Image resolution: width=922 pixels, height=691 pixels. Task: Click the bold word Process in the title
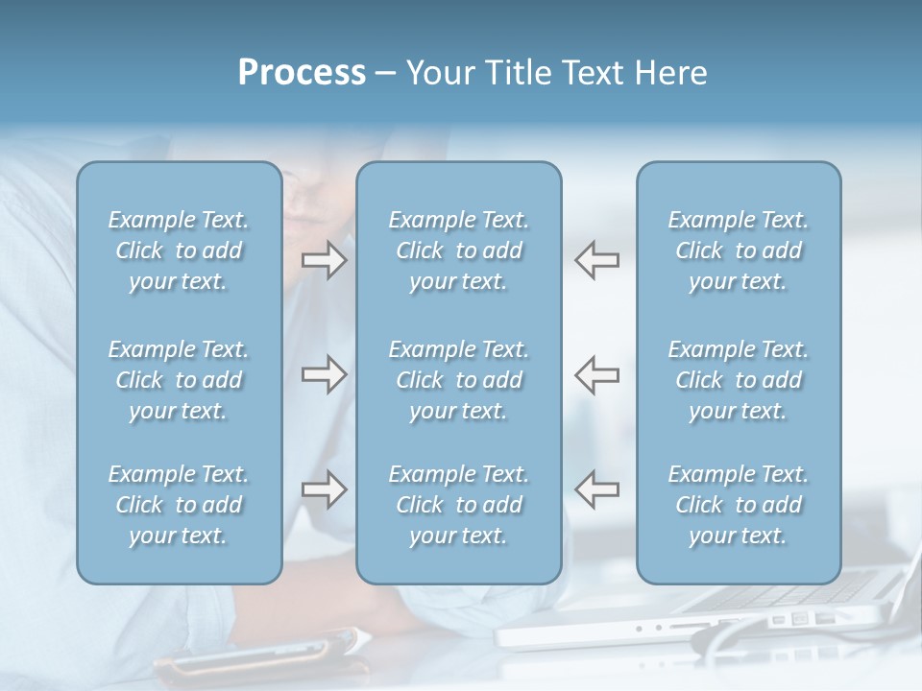(302, 74)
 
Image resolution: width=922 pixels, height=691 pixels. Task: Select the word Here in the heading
(669, 74)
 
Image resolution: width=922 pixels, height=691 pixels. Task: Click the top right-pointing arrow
(324, 260)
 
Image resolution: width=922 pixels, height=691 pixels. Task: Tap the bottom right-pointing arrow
(324, 489)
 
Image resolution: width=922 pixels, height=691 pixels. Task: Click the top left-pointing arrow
(597, 260)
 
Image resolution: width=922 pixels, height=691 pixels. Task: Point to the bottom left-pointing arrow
(597, 489)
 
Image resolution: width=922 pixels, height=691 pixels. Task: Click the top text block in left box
(179, 250)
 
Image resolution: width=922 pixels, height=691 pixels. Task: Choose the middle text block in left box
(179, 380)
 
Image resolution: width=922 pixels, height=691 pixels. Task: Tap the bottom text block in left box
(179, 505)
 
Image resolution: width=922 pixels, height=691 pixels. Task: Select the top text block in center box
(459, 250)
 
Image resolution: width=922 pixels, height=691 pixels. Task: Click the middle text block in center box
(459, 380)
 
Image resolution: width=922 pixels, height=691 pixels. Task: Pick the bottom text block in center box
(459, 505)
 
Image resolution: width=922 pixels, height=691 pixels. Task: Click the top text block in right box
(739, 250)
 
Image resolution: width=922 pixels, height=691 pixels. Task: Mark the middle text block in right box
(739, 380)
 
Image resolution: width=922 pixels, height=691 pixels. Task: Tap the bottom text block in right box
(739, 505)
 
